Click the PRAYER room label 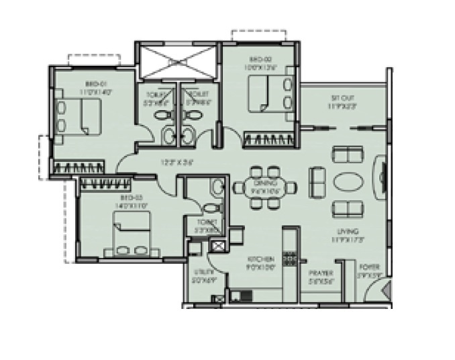click(321, 273)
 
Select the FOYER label click(370, 267)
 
